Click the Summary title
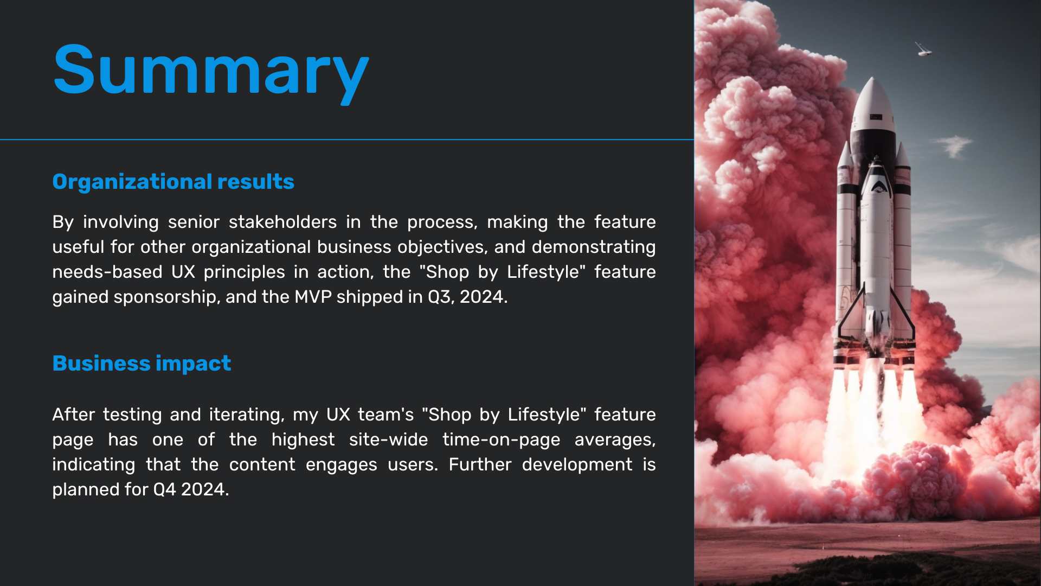(211, 71)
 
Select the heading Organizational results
(173, 182)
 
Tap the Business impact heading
(142, 364)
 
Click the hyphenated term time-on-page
(501, 440)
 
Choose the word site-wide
(388, 439)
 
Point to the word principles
(244, 272)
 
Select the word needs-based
(107, 272)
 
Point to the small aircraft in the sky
(923, 50)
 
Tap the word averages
(615, 440)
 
